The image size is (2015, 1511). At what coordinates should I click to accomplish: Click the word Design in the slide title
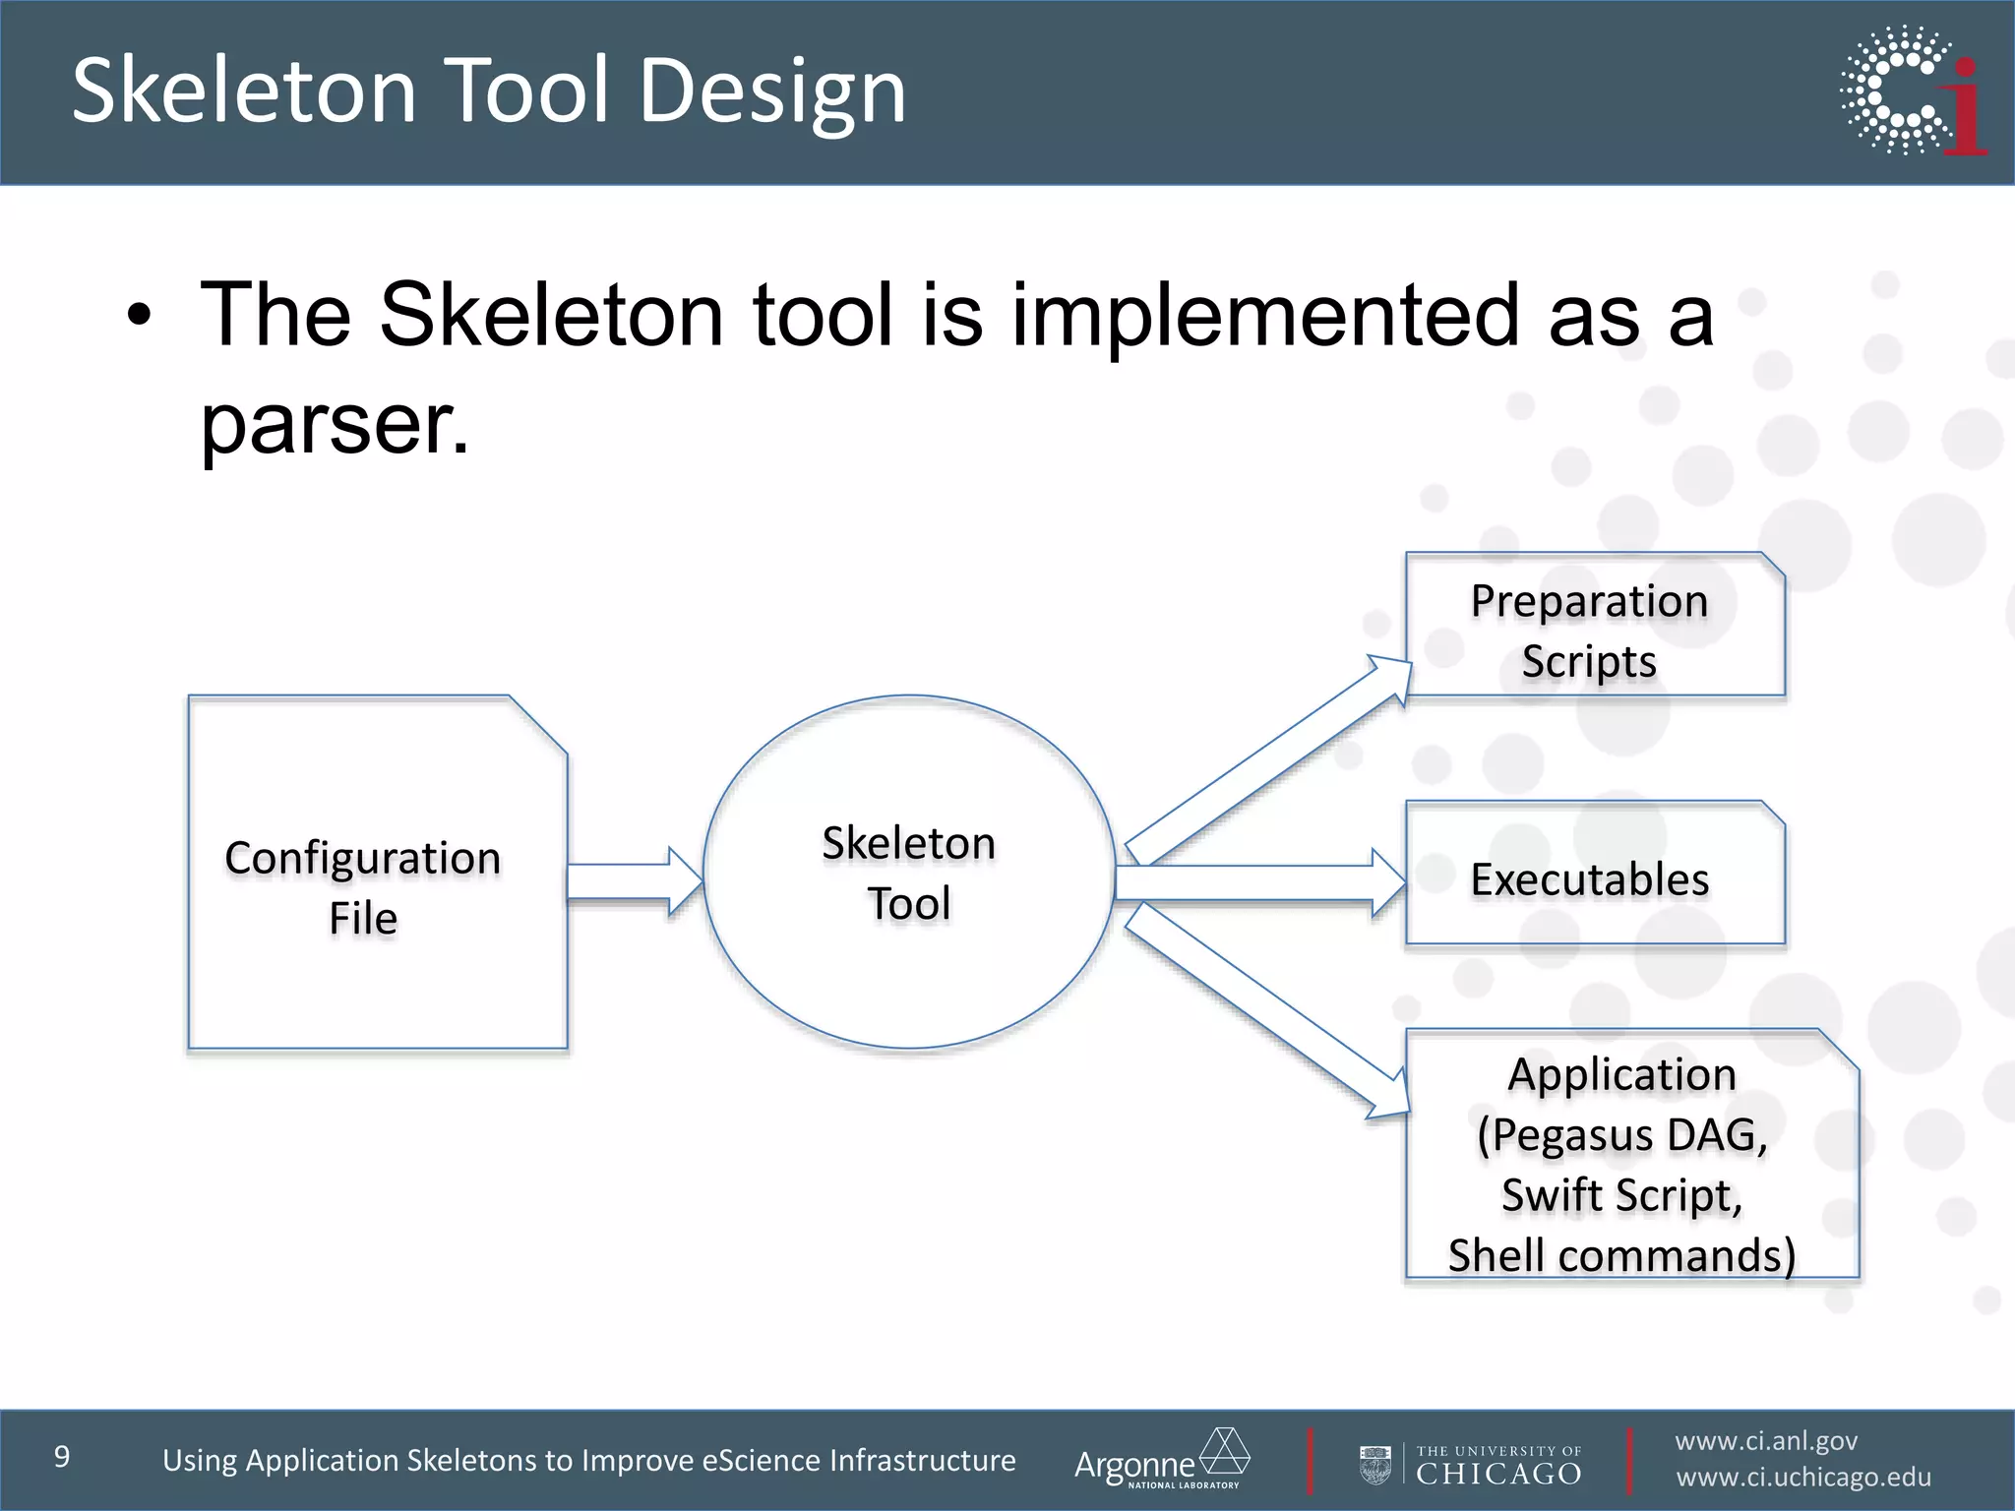[x=772, y=91]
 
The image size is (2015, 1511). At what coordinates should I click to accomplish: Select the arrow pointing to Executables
[x=1259, y=882]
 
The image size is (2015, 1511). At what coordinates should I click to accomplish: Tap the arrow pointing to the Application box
[x=1269, y=1013]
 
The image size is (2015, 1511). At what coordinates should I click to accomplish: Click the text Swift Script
[x=1621, y=1195]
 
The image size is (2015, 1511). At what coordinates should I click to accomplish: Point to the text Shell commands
[x=1621, y=1256]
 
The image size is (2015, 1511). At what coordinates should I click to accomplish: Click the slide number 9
[x=62, y=1457]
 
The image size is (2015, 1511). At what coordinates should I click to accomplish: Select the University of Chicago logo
[x=1471, y=1465]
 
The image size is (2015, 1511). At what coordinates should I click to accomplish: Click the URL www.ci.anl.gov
[x=1766, y=1441]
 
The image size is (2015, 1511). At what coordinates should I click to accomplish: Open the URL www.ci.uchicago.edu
[x=1802, y=1478]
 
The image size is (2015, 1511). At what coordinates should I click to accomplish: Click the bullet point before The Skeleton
[x=140, y=316]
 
